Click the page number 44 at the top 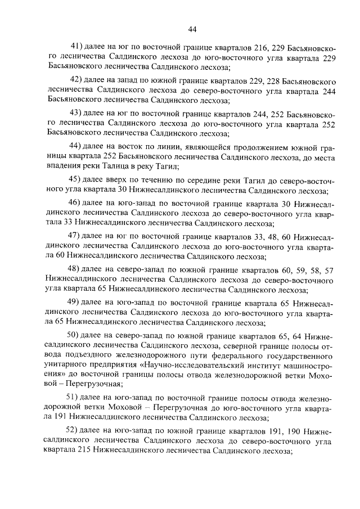pos(192,29)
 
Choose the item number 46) pos(74,202)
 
